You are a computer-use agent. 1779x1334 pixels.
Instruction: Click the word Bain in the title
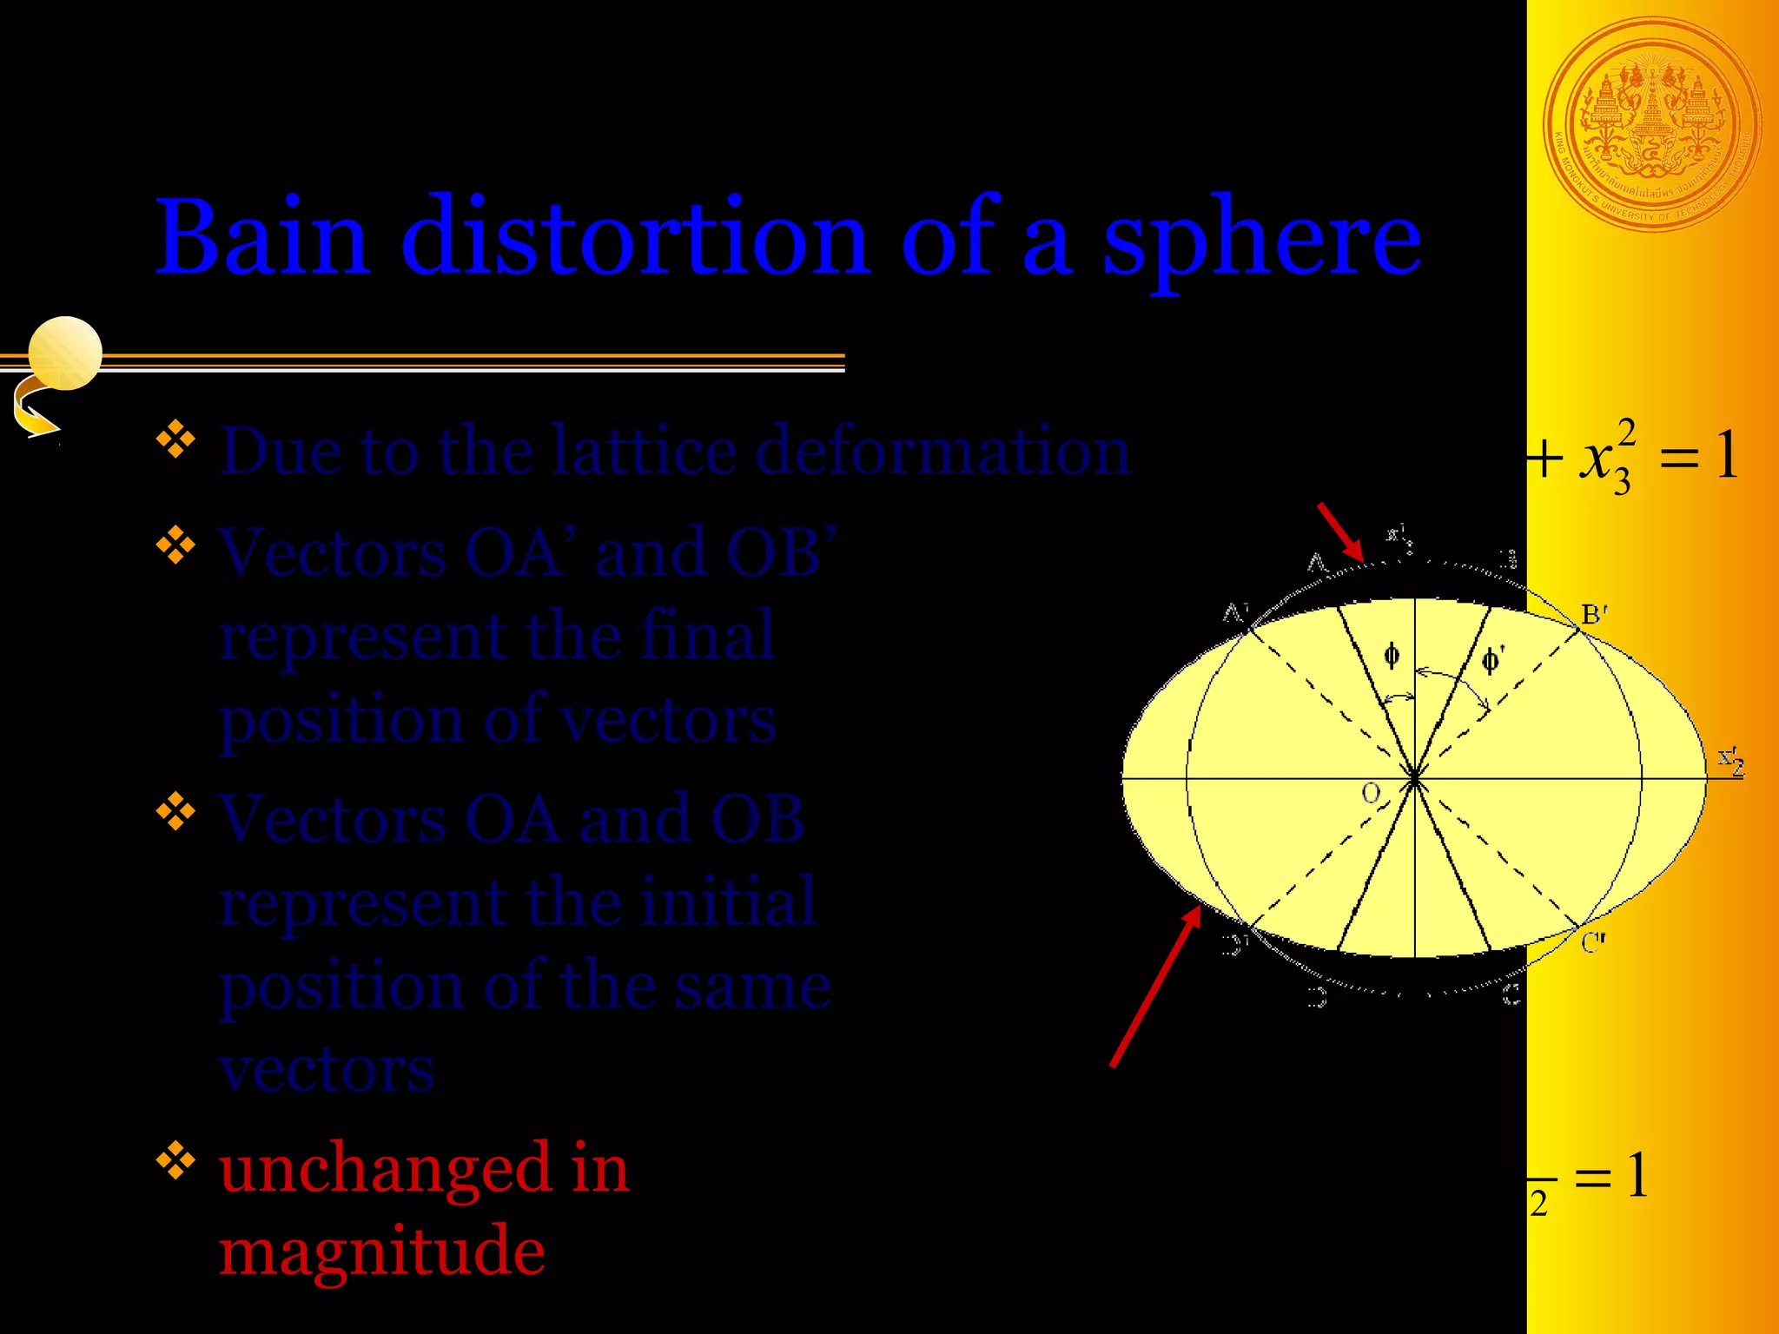pyautogui.click(x=261, y=236)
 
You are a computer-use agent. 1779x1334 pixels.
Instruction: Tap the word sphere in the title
pyautogui.click(x=1261, y=240)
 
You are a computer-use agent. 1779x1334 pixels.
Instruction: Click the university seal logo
pyautogui.click(x=1652, y=126)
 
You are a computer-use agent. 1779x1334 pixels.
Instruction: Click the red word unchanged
pyautogui.click(x=385, y=1168)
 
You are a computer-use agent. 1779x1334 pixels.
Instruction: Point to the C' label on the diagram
pyautogui.click(x=1593, y=942)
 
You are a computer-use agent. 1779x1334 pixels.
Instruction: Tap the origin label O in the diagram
pyautogui.click(x=1371, y=792)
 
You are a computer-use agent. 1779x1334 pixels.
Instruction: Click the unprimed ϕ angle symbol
pyautogui.click(x=1392, y=656)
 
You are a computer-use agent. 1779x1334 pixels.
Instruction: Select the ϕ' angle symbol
pyautogui.click(x=1492, y=660)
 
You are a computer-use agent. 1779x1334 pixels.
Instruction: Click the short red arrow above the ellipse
pyautogui.click(x=1340, y=532)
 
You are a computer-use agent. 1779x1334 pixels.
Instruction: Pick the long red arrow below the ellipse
pyautogui.click(x=1155, y=986)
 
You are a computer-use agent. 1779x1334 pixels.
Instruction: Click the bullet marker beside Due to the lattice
pyautogui.click(x=175, y=439)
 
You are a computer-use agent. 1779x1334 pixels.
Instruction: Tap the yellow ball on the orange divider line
pyautogui.click(x=65, y=353)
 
